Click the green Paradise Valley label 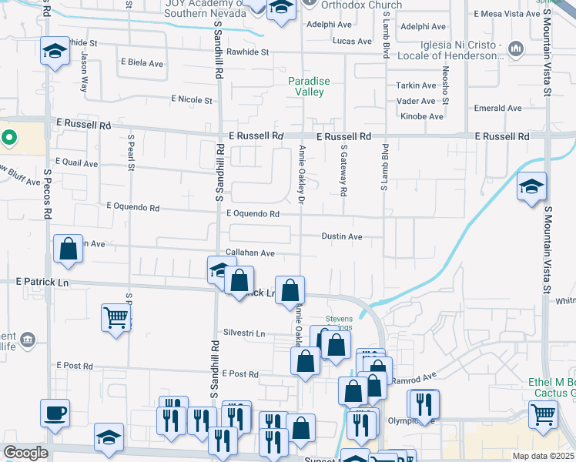tap(309, 86)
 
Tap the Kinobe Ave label tap(422, 116)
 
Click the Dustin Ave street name tap(341, 237)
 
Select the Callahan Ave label tap(250, 253)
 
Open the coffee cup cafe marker tap(55, 413)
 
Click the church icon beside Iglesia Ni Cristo tap(516, 50)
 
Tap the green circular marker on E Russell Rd tap(9, 139)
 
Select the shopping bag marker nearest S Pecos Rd tap(69, 249)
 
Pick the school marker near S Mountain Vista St tap(531, 187)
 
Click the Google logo tap(25, 453)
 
